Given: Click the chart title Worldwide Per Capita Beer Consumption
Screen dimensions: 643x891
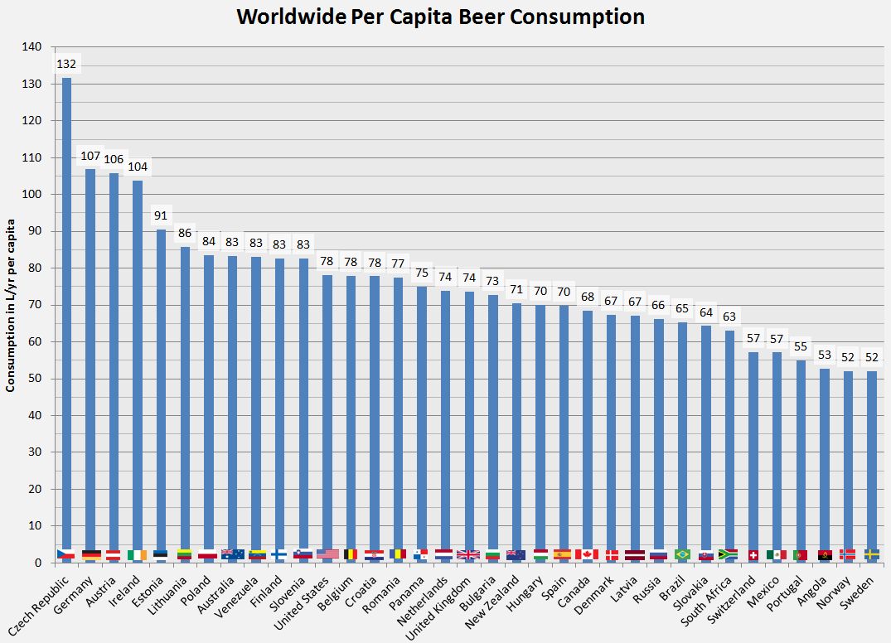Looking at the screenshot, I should click(x=440, y=17).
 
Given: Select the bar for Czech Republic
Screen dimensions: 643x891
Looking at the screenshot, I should click(x=66, y=315).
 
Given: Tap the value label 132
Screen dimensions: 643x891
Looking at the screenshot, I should click(x=66, y=64).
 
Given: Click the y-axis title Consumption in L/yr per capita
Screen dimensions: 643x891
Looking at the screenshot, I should click(x=12, y=305).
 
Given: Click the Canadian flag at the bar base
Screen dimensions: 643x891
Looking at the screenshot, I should click(x=587, y=554).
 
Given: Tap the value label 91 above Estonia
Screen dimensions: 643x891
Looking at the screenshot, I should click(x=161, y=215).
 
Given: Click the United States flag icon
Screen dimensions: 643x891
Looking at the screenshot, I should click(x=327, y=554).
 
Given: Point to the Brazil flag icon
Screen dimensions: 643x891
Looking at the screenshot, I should click(x=682, y=554).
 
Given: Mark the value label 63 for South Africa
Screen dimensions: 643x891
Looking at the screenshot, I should click(x=729, y=317).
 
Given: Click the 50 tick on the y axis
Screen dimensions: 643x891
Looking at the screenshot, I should click(x=36, y=379).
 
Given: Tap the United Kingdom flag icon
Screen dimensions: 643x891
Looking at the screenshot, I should click(x=468, y=554).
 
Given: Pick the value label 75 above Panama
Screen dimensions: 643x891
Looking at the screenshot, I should click(x=422, y=273).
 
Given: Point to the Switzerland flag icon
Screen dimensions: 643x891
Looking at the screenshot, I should click(x=753, y=554).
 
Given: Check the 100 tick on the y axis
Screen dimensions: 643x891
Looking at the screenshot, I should click(x=32, y=195).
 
